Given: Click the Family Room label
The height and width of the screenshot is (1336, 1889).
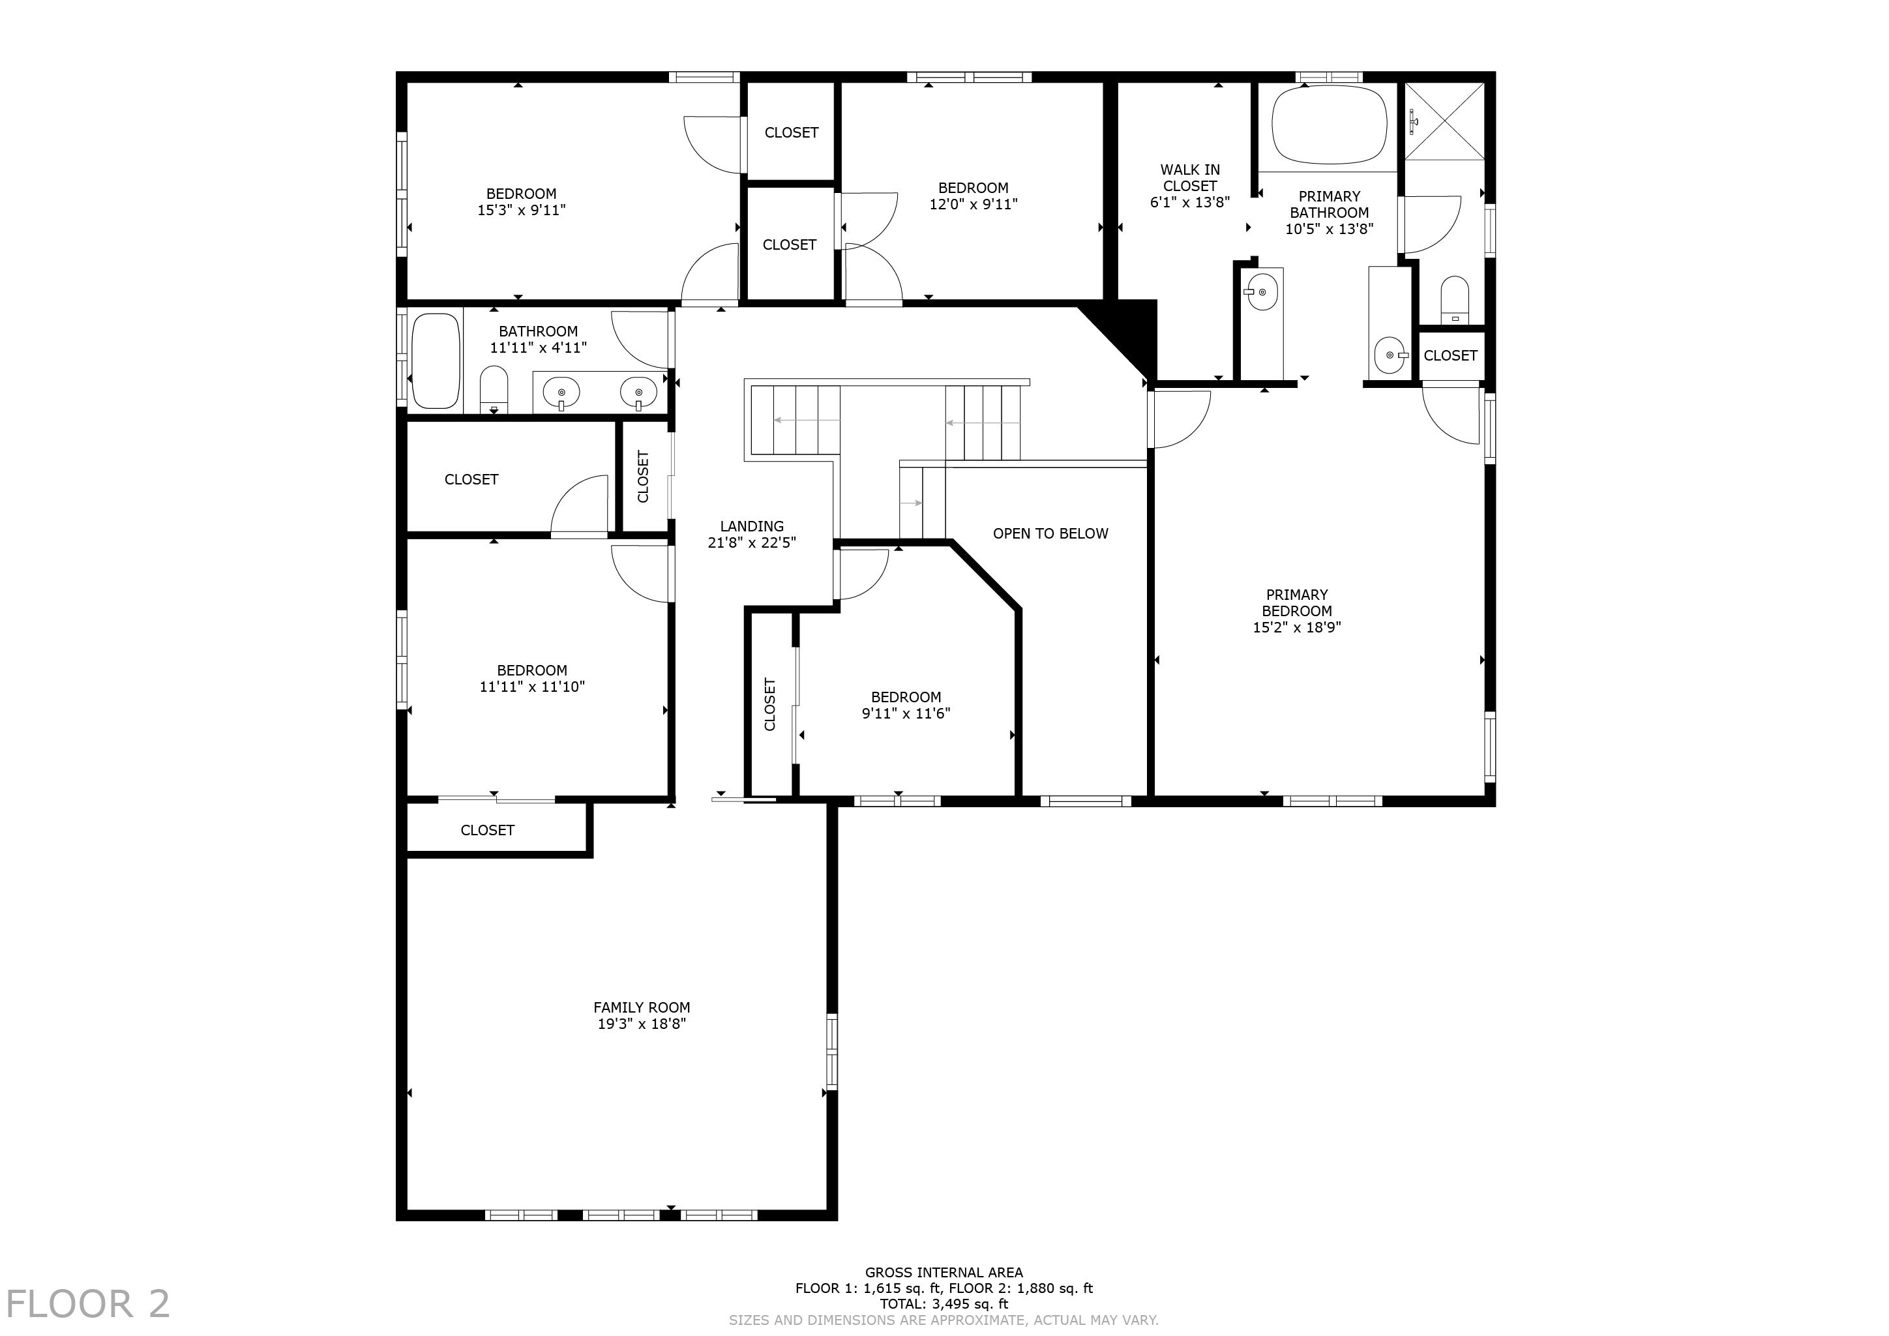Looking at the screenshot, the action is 642,1007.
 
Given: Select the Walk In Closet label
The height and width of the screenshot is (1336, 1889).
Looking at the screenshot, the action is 1190,178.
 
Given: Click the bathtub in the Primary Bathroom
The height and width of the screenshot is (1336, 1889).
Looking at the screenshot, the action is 1329,125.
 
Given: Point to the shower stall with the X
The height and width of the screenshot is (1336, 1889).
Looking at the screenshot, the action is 1444,122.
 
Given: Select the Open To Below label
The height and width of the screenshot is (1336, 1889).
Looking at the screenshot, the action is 1050,533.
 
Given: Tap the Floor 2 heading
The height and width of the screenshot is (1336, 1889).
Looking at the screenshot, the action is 88,1304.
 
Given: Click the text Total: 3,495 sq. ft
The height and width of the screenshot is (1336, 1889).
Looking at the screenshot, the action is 944,1304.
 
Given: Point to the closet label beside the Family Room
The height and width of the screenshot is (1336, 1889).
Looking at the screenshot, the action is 487,830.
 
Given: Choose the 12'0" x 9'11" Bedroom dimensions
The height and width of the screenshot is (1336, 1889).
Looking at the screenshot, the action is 974,204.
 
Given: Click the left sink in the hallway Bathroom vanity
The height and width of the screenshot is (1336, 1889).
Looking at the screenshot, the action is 562,393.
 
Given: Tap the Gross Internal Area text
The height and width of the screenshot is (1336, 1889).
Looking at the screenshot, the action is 944,1273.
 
